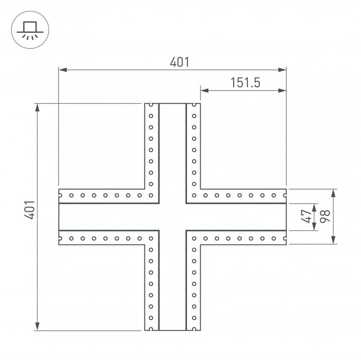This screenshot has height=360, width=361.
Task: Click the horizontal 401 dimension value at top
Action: point(179,62)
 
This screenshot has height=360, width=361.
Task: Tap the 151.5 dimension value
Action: point(245,83)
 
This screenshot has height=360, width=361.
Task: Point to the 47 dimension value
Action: point(305,217)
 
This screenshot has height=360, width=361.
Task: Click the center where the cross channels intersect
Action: point(172,217)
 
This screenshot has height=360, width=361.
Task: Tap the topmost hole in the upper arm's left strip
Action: point(150,106)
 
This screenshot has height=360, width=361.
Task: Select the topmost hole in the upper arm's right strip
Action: point(194,106)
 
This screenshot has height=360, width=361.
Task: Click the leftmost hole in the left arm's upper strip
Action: point(61,195)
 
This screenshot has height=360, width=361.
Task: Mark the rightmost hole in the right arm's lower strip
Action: point(284,238)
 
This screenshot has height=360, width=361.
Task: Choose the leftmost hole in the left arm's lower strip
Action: point(61,238)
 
